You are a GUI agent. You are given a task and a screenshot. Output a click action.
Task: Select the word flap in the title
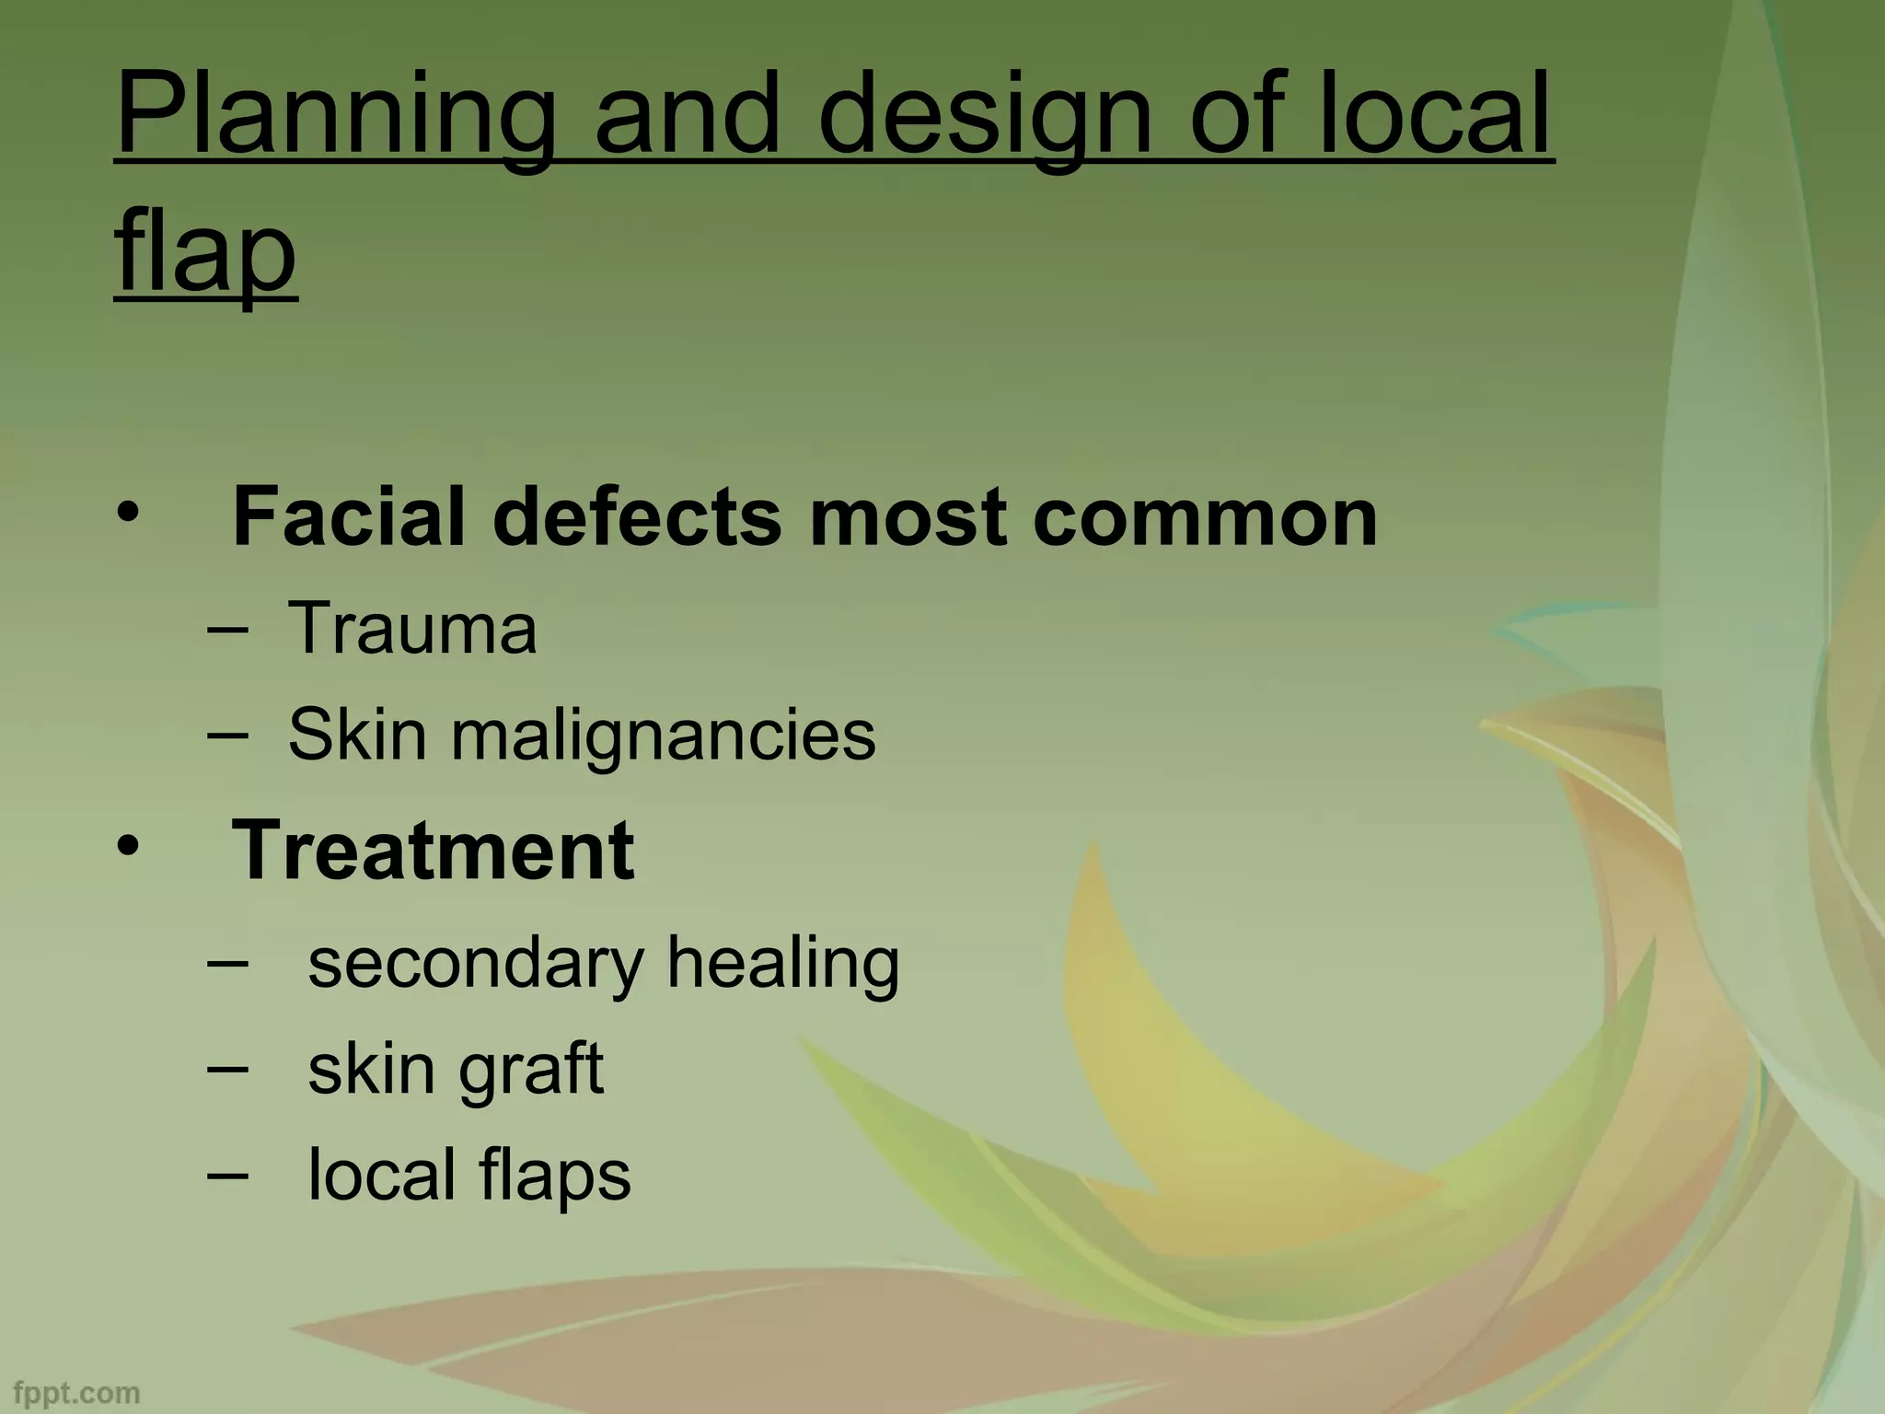[x=205, y=250]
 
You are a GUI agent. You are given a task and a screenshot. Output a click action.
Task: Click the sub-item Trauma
[x=412, y=628]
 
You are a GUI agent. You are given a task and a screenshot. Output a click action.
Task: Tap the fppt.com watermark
[x=76, y=1393]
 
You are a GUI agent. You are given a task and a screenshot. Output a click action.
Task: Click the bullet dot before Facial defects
[x=128, y=512]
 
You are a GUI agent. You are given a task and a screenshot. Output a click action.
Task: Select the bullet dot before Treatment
[x=128, y=844]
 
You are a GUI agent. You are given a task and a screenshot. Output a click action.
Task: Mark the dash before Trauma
[x=228, y=632]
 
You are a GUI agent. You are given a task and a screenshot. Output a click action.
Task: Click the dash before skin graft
[x=228, y=1070]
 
